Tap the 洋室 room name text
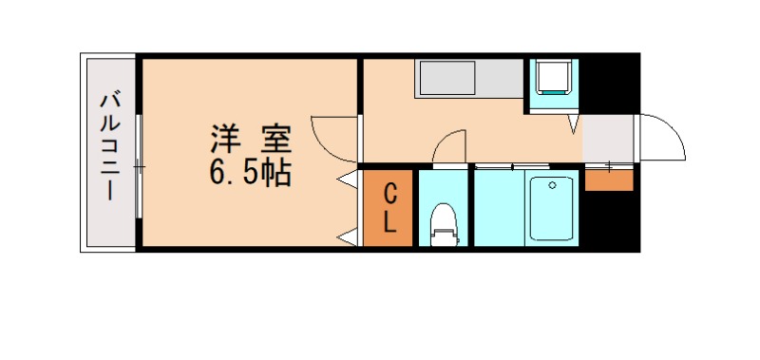250,139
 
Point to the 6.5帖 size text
250,173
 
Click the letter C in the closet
389,194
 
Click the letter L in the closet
389,222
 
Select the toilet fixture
443,224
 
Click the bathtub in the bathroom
552,207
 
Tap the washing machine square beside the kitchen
553,78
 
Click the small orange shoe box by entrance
609,180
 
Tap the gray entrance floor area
608,139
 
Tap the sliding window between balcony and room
139,166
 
